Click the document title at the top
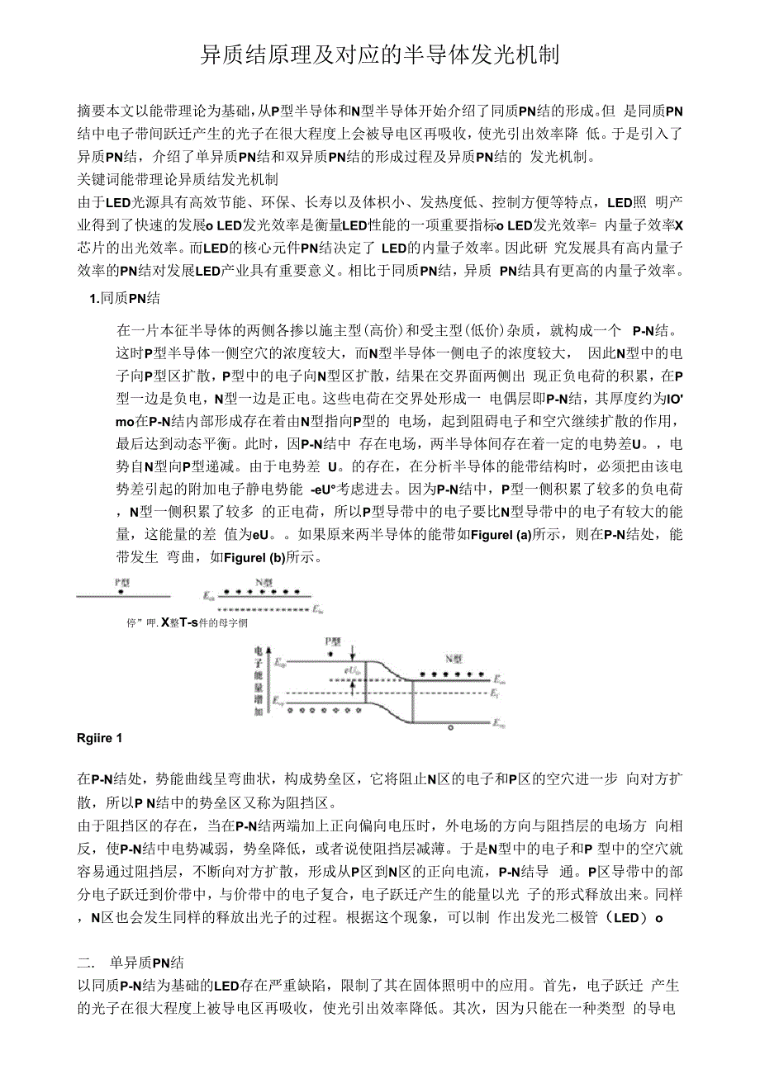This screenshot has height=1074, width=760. (381, 55)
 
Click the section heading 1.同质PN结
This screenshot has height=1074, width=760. (125, 298)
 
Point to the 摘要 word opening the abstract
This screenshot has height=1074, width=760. (89, 110)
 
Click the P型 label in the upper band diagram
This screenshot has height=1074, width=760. (122, 581)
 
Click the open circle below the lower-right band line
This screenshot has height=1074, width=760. (450, 728)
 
